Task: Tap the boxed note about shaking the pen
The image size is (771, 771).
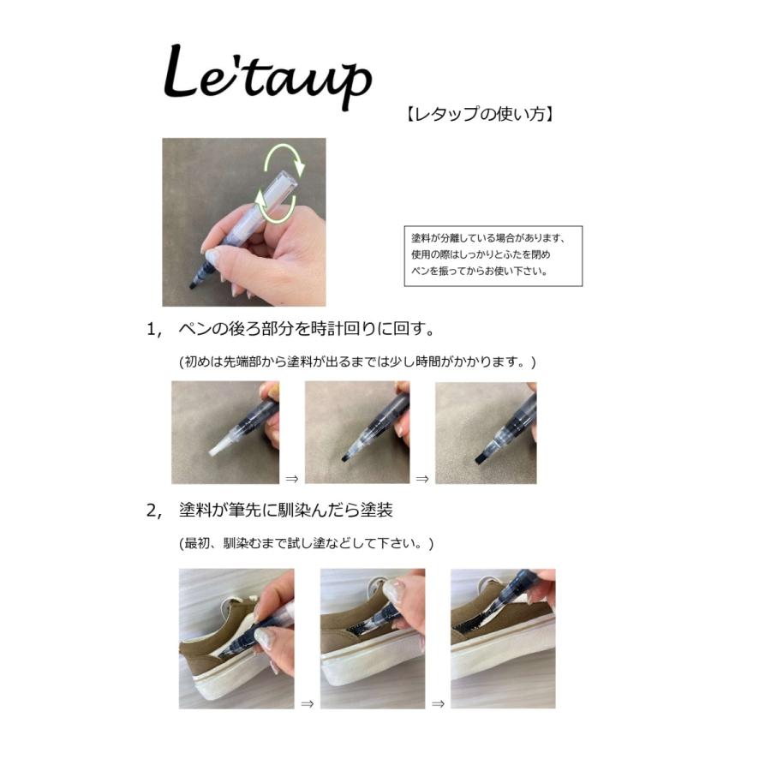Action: point(493,255)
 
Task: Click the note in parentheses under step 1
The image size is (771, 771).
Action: point(356,362)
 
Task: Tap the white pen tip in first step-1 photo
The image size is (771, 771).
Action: point(219,445)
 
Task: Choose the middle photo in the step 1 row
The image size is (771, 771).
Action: point(356,433)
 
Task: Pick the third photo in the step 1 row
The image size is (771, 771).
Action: point(486,433)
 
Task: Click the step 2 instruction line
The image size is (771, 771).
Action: point(285,511)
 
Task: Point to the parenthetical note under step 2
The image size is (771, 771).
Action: point(306,544)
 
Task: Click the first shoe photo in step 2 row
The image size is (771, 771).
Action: point(236,638)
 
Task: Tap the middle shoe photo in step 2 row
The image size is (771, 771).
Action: point(372,638)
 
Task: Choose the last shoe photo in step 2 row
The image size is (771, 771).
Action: point(503,638)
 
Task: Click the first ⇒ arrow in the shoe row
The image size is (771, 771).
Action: point(307,704)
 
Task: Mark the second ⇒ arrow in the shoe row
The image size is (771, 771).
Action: point(438,704)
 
